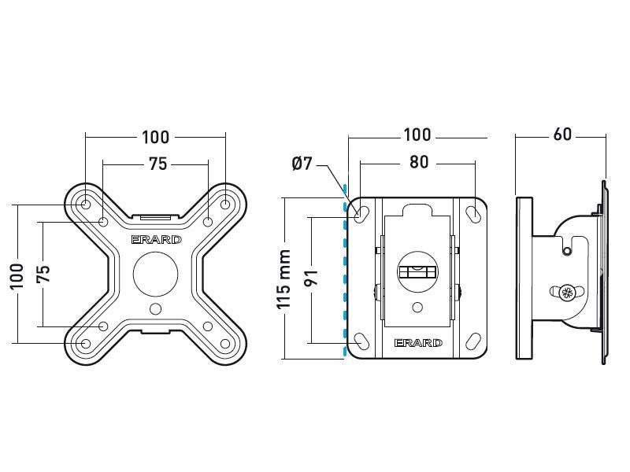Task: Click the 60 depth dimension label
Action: [561, 135]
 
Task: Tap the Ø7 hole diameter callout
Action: [302, 164]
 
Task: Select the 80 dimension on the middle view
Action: [419, 163]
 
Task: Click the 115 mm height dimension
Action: [285, 279]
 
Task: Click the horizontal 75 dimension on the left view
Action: [157, 164]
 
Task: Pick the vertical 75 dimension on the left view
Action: [44, 273]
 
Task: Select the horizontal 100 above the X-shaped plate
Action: [155, 137]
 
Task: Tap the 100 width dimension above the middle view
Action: [417, 135]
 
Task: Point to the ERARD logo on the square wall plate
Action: [417, 343]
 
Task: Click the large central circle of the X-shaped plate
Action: [155, 274]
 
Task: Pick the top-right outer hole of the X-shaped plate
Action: [225, 205]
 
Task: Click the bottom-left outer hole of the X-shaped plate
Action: [85, 344]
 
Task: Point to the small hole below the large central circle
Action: [155, 308]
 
